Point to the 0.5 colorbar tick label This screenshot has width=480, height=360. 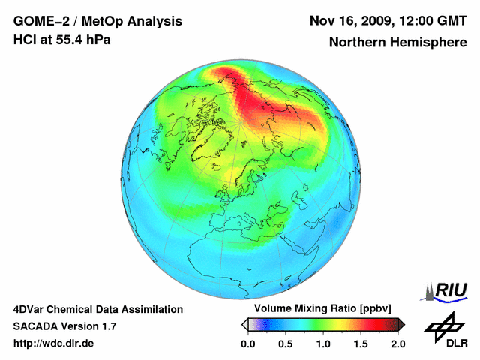point(285,343)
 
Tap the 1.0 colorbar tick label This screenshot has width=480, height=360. point(322,343)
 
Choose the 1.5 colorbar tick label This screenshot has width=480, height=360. point(360,343)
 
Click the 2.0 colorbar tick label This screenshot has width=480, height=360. point(397,343)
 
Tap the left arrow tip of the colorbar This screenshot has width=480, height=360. point(243,324)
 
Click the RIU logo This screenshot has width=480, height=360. point(448,290)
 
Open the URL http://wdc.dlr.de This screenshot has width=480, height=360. point(54,343)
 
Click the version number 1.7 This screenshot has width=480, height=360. point(108,326)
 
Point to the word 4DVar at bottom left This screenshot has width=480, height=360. point(31,309)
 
